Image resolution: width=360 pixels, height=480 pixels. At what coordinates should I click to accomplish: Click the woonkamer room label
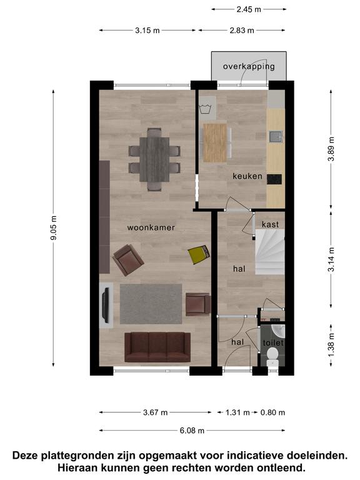[151, 227]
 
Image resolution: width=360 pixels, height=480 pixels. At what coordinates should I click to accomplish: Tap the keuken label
[247, 176]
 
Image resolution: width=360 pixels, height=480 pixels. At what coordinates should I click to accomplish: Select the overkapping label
[249, 66]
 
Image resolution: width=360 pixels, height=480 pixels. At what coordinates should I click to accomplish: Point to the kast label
[270, 224]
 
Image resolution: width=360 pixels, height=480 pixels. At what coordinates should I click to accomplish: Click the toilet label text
[273, 343]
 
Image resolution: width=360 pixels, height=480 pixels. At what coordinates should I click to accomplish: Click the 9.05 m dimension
[54, 227]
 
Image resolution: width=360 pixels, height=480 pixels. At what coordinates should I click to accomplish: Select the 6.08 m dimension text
[192, 431]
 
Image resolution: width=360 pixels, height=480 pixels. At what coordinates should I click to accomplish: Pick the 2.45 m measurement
[249, 9]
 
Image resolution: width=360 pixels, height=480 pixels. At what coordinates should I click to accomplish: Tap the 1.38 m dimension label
[331, 345]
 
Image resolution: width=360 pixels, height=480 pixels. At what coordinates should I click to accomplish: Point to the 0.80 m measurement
[272, 412]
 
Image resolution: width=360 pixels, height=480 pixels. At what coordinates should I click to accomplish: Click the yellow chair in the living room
[199, 254]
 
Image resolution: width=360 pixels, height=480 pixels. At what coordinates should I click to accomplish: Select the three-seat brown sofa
[157, 347]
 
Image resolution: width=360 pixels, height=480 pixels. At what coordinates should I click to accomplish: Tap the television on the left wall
[106, 305]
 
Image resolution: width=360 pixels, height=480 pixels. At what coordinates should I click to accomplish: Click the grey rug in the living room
[151, 304]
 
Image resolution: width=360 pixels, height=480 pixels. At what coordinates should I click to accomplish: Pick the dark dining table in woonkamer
[154, 159]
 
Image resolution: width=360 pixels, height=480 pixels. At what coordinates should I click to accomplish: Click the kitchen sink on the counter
[276, 137]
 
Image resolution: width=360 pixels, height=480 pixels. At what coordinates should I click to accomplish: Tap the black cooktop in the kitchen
[274, 179]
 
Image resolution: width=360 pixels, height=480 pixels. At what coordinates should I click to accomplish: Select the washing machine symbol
[207, 109]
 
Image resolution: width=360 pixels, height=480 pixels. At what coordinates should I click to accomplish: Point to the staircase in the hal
[270, 252]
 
